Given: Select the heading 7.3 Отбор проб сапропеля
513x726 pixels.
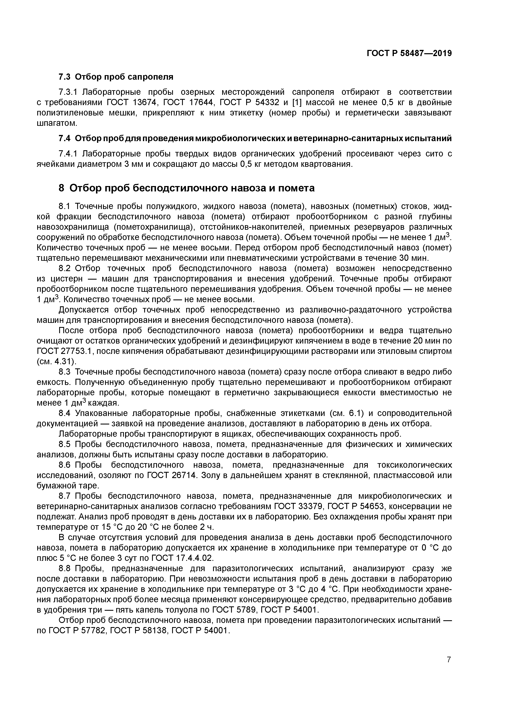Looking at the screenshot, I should [x=116, y=77].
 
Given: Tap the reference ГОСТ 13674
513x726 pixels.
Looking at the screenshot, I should [x=133, y=102].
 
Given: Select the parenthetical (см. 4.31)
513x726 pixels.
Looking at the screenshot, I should [x=57, y=361].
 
